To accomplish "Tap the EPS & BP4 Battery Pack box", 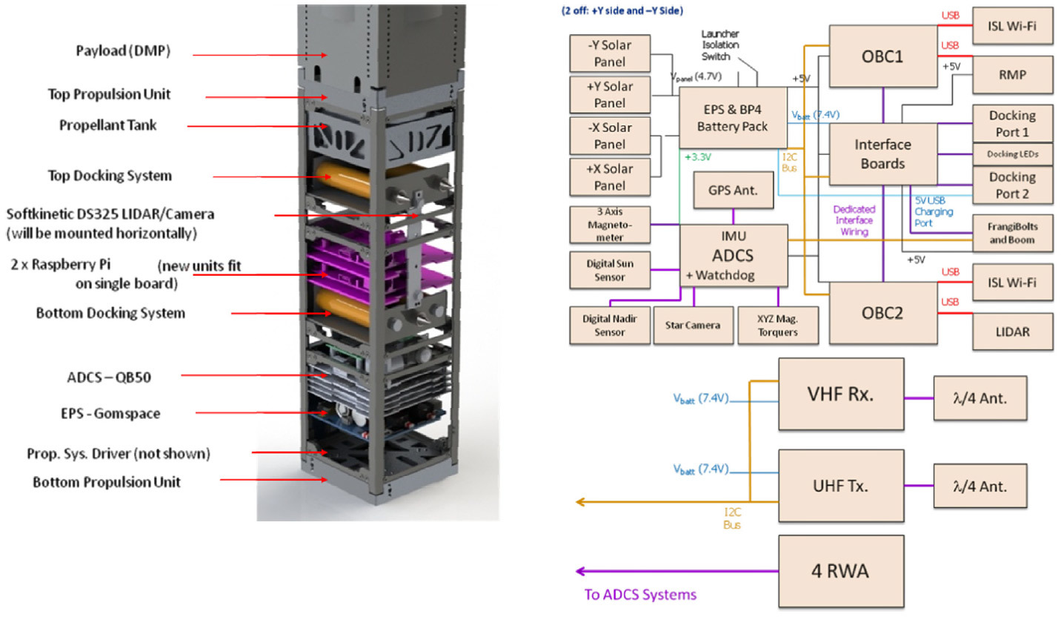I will click(732, 116).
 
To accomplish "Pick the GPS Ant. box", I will click(733, 190).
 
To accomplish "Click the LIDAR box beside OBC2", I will click(1011, 331).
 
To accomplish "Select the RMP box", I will click(1011, 73).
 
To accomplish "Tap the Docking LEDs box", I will click(1011, 154).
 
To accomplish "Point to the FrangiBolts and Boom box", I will click(1011, 234).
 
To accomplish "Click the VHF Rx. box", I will click(841, 394).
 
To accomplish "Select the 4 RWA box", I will click(841, 572).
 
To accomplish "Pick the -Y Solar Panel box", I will click(610, 53).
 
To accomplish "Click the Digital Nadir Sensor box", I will click(609, 325).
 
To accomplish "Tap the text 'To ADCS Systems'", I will click(640, 594).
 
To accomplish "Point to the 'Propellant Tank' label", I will click(108, 125).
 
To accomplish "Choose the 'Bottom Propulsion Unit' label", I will click(107, 482).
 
